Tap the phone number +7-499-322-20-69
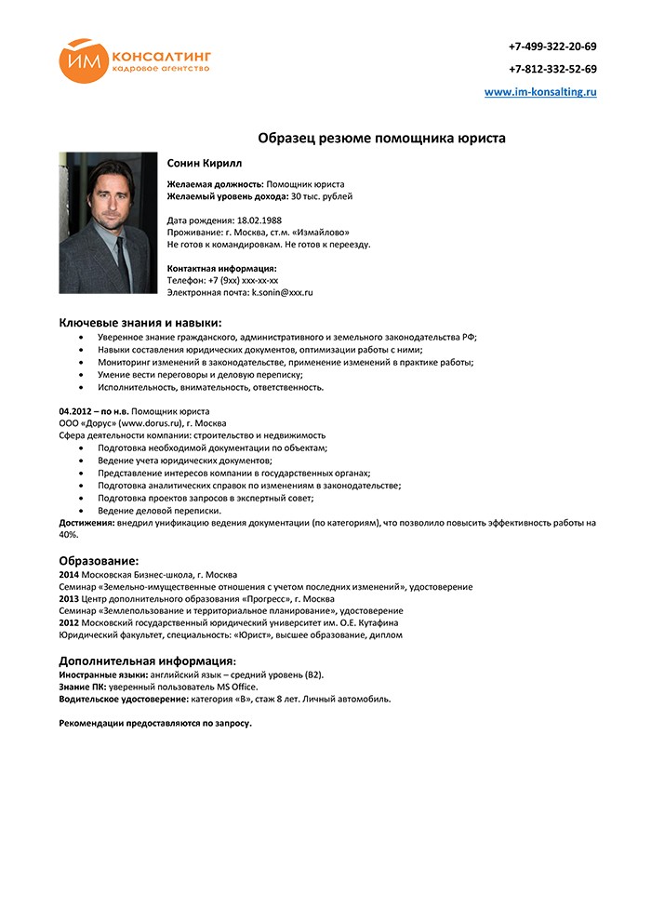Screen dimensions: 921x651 tap(552, 46)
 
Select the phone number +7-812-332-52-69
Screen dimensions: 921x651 tap(552, 69)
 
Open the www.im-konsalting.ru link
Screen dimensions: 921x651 tap(540, 92)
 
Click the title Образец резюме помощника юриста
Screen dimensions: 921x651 tap(381, 138)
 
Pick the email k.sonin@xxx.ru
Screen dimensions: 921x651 tap(283, 292)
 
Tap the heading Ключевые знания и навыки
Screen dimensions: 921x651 tap(140, 322)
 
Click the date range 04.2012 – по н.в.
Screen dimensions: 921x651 tap(93, 411)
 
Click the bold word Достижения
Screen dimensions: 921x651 tap(86, 524)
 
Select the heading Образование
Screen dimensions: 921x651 tap(99, 561)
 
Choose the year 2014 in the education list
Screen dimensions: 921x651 tap(69, 575)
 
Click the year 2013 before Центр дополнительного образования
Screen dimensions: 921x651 tap(69, 599)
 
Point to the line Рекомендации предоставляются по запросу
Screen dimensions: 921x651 tap(155, 723)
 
